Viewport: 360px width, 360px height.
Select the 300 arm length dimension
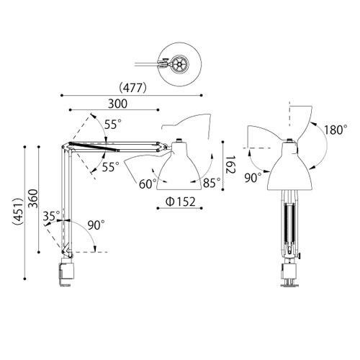pos(113,103)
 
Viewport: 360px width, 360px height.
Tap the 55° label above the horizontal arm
pos(112,125)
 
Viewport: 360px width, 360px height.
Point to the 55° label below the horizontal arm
pos(110,167)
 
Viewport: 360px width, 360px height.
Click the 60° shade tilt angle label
pos(148,184)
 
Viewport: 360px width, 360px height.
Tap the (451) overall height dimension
pos(15,213)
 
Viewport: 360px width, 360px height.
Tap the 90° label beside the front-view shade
pos(253,176)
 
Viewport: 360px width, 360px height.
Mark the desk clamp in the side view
pos(66,274)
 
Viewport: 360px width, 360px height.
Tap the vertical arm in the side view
pos(66,202)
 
